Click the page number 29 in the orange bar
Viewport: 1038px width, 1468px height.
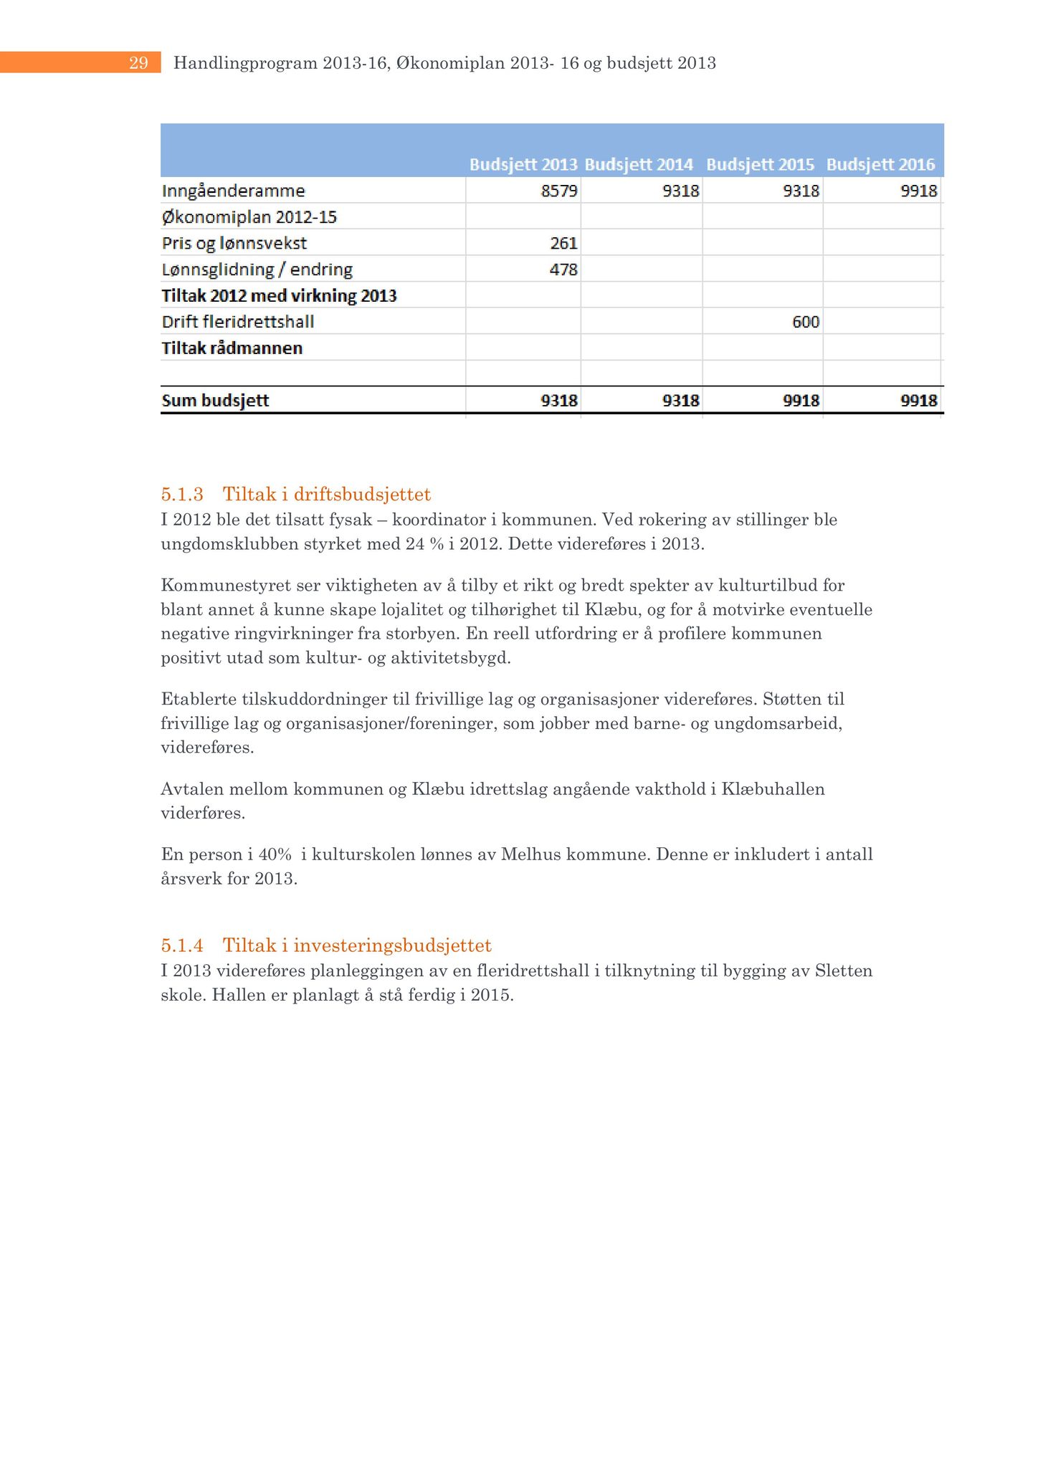point(138,63)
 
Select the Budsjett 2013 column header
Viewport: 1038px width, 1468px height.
point(523,165)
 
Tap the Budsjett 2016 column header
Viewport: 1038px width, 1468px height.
point(880,165)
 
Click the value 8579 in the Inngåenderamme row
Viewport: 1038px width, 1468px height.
point(559,191)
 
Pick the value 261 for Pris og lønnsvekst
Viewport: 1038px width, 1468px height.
point(563,244)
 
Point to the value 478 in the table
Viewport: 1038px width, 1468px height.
point(563,270)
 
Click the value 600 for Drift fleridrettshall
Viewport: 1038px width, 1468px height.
point(806,323)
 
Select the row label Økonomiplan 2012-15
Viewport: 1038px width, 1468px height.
point(249,217)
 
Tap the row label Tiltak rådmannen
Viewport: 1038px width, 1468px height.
point(232,348)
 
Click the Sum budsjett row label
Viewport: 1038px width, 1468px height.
point(215,401)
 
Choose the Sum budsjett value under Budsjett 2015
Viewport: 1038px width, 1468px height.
point(801,401)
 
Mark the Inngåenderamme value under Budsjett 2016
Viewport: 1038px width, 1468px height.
point(918,191)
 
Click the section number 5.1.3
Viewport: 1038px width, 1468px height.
point(182,495)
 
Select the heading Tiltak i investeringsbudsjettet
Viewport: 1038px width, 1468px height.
point(357,945)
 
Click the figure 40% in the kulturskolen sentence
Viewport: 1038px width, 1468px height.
point(275,854)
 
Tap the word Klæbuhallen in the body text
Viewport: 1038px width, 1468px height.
point(773,789)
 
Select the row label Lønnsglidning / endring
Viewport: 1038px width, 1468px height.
point(257,270)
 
